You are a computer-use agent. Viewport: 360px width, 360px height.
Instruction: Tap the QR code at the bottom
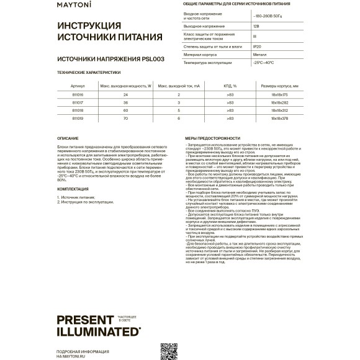(169, 351)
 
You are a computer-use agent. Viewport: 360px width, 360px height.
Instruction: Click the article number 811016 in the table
(78, 94)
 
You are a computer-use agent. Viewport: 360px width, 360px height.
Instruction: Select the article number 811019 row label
(78, 117)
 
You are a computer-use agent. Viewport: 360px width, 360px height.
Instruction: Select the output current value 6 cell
(178, 117)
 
